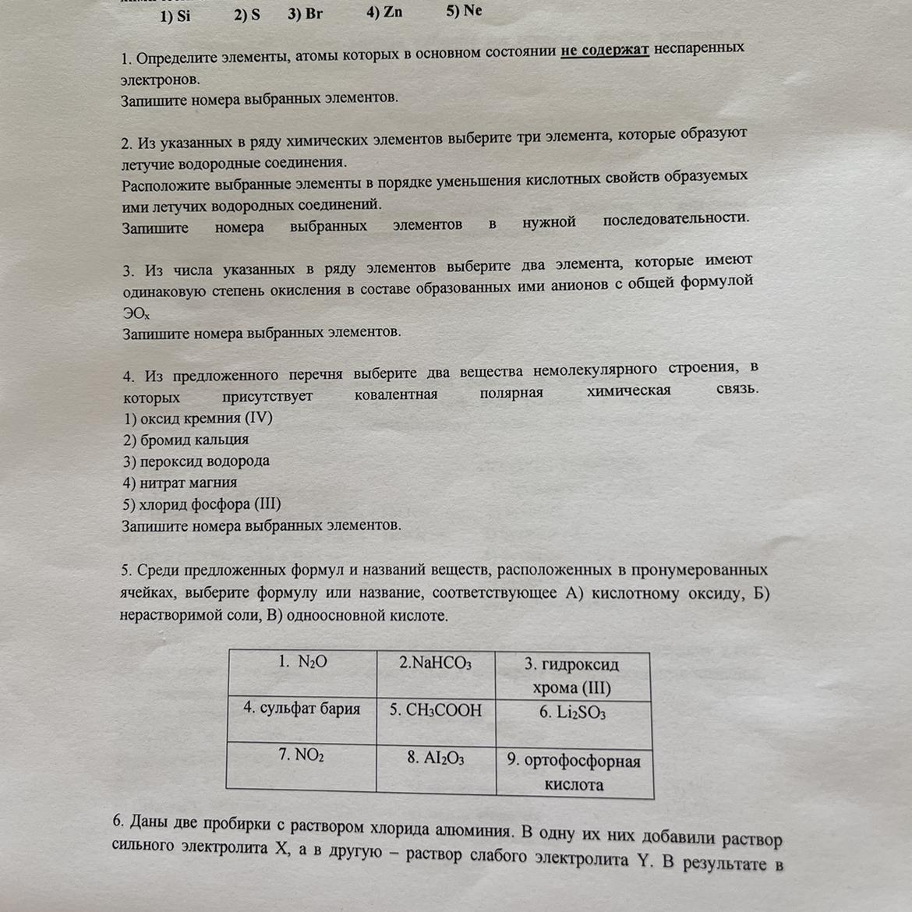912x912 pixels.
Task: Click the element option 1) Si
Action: pos(175,16)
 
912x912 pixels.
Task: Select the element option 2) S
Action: pos(247,15)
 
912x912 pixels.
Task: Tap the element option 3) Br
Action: pos(305,13)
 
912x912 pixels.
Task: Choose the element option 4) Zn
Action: pos(384,12)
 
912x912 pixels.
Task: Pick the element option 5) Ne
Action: pos(464,10)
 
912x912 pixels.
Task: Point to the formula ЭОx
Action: pos(135,313)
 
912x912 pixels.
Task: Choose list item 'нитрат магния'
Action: pos(179,483)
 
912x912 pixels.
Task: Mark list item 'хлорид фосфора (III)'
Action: pos(201,504)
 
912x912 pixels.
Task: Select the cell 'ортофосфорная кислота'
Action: pos(574,772)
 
